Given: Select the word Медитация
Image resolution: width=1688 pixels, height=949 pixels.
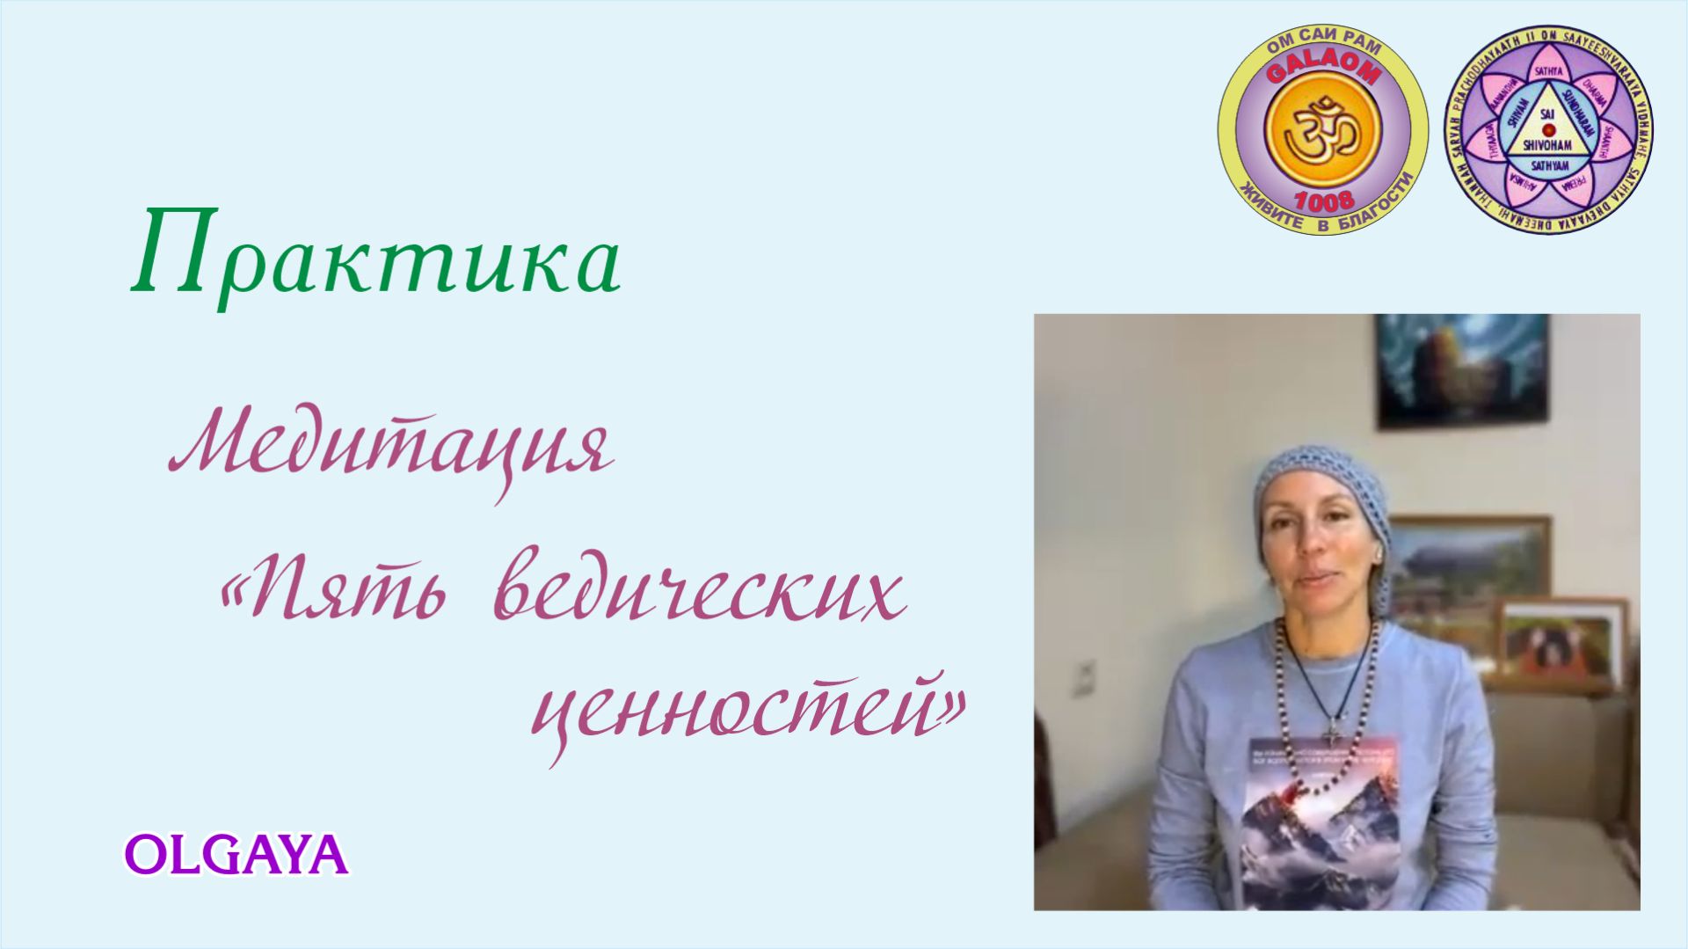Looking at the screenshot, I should point(391,449).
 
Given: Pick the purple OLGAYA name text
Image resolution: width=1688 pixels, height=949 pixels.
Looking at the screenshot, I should point(236,854).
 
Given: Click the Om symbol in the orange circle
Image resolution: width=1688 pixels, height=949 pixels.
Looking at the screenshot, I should point(1322,131).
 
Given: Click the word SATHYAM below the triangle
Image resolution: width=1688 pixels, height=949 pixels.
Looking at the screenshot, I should point(1549,165).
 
